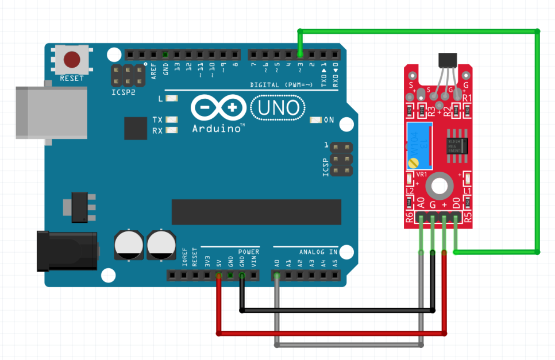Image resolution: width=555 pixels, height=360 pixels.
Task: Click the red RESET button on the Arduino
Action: [x=72, y=59]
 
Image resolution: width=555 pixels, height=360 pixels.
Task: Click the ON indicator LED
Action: [x=315, y=120]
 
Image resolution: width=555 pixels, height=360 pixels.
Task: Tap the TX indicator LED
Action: [x=170, y=120]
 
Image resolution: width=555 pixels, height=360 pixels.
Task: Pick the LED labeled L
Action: [x=170, y=99]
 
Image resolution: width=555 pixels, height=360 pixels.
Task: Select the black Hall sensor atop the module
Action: [x=449, y=60]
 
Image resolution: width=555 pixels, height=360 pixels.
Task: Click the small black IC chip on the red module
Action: [x=457, y=144]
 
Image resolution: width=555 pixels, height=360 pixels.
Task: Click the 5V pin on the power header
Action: [x=219, y=276]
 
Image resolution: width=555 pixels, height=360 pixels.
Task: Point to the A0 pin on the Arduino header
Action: [x=277, y=276]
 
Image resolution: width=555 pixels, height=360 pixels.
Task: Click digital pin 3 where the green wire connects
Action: [x=300, y=55]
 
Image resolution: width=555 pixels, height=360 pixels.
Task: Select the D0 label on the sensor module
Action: [x=456, y=203]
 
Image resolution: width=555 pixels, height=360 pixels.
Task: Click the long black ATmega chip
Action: [x=256, y=212]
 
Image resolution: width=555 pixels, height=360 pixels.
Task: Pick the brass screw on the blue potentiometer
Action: [x=413, y=163]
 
